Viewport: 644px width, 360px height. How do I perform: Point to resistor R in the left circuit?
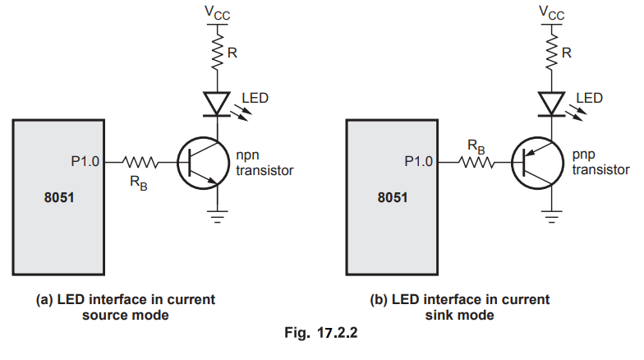217,52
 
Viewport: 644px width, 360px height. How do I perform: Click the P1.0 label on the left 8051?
85,162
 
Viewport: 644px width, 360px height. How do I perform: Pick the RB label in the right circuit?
476,145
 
